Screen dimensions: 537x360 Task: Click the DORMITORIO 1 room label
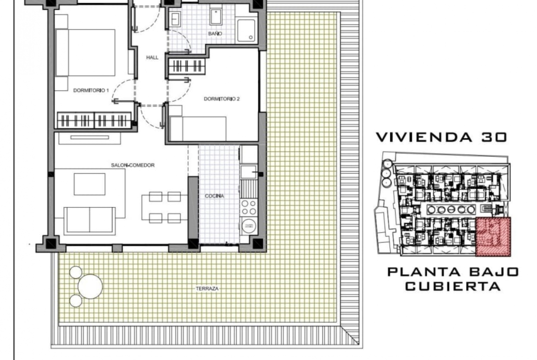(91, 90)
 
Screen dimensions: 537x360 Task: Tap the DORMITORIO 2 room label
(222, 99)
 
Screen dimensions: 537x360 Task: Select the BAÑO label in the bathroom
(215, 33)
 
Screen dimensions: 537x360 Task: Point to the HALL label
(152, 57)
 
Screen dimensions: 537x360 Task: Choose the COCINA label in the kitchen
(214, 196)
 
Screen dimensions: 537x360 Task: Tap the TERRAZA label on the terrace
(207, 288)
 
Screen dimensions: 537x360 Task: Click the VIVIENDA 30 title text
(442, 137)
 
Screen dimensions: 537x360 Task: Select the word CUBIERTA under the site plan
(453, 286)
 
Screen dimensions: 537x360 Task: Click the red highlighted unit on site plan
(493, 237)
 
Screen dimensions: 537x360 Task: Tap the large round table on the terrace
(90, 287)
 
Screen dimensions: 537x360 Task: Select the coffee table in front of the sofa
(89, 184)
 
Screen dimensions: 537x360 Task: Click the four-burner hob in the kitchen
(249, 207)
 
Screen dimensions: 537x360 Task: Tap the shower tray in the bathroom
(246, 30)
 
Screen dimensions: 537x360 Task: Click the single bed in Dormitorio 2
(198, 128)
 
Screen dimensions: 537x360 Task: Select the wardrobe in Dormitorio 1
(94, 120)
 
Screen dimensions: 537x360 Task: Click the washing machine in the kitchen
(249, 226)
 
